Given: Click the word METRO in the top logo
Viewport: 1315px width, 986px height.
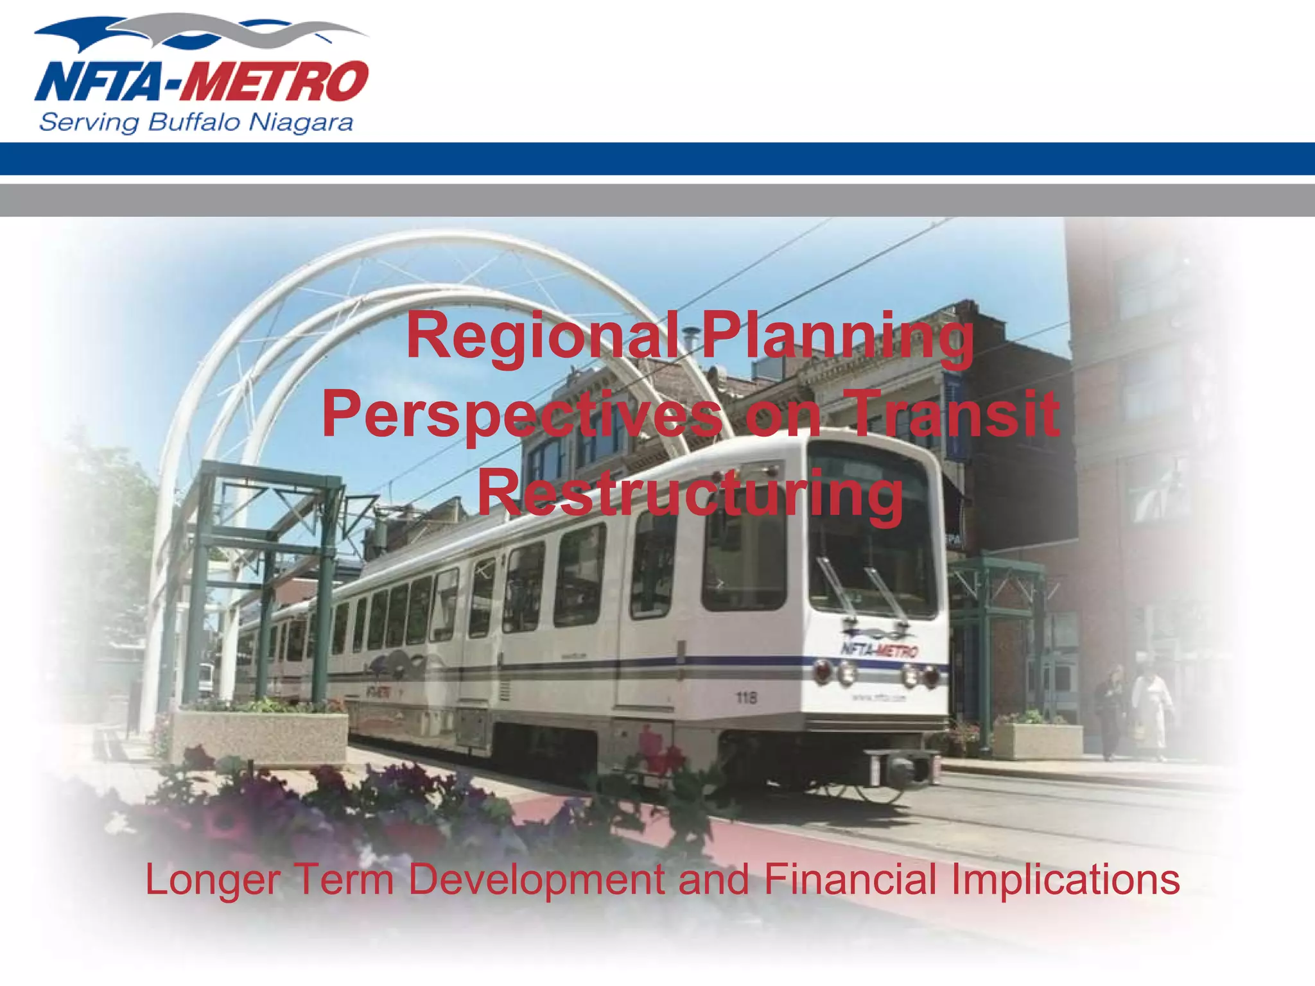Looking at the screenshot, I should [275, 82].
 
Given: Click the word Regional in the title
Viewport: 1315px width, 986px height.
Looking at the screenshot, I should [543, 337].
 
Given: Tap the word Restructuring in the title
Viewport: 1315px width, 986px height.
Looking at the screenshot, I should [690, 493].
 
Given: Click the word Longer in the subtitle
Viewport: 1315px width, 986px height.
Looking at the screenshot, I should [213, 880].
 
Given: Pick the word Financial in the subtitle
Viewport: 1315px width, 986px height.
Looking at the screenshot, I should [850, 879].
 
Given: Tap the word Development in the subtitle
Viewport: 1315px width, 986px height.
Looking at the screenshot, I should [536, 880].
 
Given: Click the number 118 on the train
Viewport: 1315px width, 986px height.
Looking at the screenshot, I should [746, 697].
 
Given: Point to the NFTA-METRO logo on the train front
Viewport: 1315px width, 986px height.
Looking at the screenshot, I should [880, 650].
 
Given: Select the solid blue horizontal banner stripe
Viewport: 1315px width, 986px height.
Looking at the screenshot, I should [657, 159].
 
